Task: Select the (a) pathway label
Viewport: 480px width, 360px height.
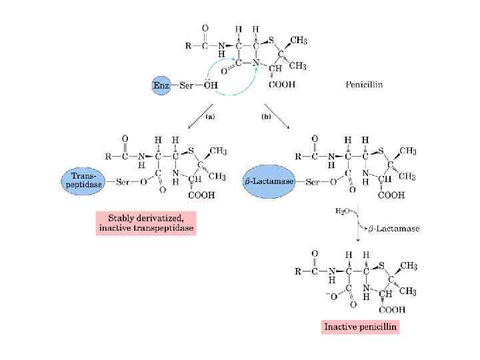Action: tap(210, 116)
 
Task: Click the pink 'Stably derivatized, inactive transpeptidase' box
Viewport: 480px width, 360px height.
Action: tap(147, 223)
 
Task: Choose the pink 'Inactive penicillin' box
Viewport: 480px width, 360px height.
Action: tap(360, 327)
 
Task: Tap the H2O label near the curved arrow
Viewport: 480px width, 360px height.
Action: tap(343, 211)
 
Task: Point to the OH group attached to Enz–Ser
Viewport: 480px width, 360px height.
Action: tap(211, 85)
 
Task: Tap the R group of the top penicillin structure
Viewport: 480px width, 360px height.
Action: tap(187, 47)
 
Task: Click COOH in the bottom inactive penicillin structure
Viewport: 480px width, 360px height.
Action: tap(393, 309)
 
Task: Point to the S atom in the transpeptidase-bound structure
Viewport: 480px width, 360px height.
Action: tap(193, 150)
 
